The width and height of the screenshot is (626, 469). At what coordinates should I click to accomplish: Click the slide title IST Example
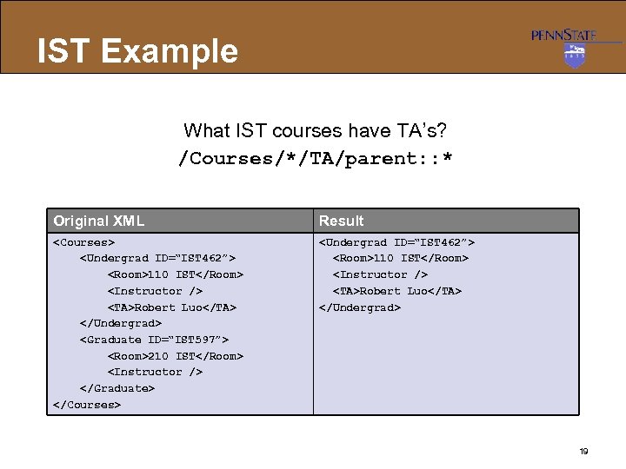(137, 51)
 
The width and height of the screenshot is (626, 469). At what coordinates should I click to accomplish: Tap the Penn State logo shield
(575, 55)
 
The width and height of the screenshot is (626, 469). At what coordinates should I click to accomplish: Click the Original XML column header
(98, 221)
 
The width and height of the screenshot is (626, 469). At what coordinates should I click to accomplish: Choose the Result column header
(341, 221)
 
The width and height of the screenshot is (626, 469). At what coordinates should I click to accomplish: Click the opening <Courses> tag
(84, 242)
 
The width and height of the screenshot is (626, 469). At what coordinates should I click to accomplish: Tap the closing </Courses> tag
(87, 405)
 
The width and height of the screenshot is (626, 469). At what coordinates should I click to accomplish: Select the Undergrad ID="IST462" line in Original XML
(157, 258)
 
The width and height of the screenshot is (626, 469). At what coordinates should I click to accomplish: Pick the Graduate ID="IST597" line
(154, 340)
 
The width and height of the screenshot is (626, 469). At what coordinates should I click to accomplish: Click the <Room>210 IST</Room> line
(176, 356)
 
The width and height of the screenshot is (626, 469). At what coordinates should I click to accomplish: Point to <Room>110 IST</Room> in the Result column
(401, 258)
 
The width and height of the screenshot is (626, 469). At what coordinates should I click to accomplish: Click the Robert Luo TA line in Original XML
(172, 307)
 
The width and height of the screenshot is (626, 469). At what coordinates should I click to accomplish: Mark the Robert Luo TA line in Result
(397, 291)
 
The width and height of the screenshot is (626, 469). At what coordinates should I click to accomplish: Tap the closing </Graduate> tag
(117, 388)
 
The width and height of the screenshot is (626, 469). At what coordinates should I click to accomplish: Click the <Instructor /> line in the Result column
(380, 274)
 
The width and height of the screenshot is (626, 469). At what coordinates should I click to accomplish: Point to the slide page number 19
(583, 451)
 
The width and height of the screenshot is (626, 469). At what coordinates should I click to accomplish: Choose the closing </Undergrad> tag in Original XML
(121, 323)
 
